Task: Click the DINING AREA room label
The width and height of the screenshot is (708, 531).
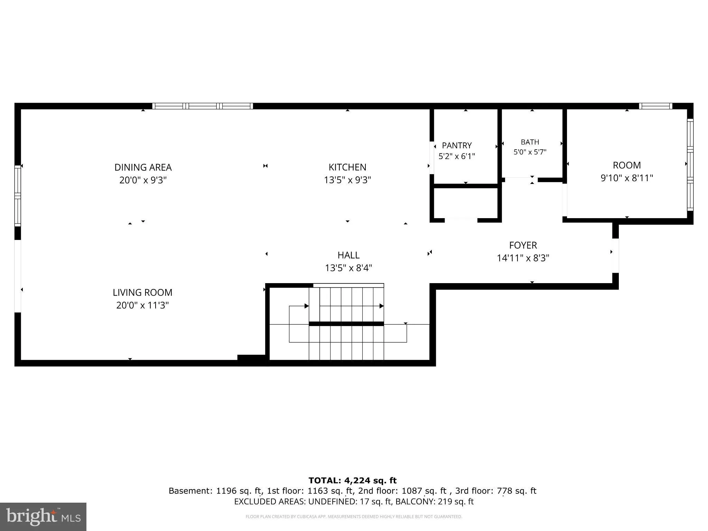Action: click(143, 167)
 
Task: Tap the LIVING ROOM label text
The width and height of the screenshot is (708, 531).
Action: click(142, 292)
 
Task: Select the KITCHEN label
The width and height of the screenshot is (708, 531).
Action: click(347, 167)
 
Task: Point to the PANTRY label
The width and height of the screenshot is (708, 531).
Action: click(457, 146)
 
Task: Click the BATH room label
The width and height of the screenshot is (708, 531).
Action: click(530, 142)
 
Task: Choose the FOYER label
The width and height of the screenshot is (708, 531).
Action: click(523, 245)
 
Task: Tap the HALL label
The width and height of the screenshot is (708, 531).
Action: click(348, 255)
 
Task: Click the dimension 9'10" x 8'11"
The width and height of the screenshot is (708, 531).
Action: click(627, 178)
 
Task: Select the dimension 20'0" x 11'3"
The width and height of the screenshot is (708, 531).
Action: click(142, 305)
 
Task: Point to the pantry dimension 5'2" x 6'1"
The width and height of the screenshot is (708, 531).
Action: click(457, 156)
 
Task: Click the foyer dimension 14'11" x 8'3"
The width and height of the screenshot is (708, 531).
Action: click(523, 258)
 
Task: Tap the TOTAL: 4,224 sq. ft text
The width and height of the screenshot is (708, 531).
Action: click(353, 481)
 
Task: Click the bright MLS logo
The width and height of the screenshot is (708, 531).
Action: click(43, 517)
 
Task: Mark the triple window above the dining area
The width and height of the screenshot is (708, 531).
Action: click(203, 106)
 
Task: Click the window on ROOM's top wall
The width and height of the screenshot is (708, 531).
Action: click(655, 106)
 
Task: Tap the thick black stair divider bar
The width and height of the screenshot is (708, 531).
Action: click(346, 324)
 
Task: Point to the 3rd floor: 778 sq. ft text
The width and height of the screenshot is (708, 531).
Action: click(496, 491)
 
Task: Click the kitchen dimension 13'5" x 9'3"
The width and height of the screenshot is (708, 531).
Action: click(347, 180)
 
